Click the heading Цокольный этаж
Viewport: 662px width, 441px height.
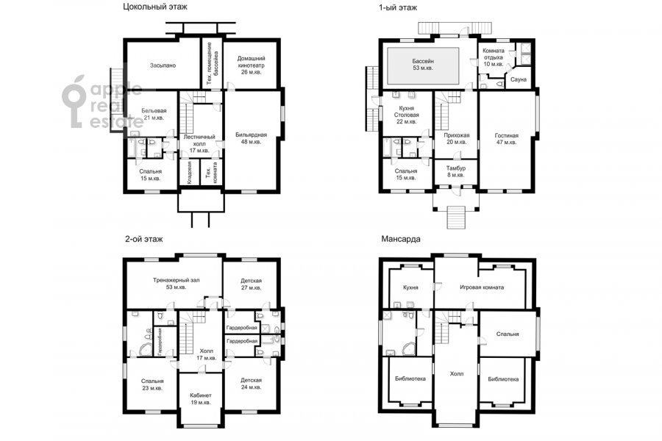click(155, 7)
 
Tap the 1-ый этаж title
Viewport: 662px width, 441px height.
click(398, 7)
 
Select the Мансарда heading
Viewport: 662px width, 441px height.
click(401, 239)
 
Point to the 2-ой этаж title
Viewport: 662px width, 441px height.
click(143, 239)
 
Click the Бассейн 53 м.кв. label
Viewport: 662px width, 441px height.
click(423, 64)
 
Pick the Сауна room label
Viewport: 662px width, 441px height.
click(518, 79)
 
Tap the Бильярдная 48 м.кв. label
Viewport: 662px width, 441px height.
click(252, 138)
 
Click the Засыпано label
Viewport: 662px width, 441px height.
click(163, 65)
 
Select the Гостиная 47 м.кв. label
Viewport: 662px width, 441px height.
click(506, 139)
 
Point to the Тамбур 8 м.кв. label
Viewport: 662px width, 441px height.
click(455, 171)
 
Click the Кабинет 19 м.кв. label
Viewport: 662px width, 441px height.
click(201, 399)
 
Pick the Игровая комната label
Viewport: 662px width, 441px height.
click(481, 287)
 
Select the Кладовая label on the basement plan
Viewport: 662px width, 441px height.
click(189, 172)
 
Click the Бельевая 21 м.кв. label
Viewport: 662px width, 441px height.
click(154, 114)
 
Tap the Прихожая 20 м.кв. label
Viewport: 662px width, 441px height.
click(456, 139)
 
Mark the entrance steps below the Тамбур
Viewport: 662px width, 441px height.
click(456, 218)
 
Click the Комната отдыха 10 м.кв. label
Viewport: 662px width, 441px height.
click(493, 57)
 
